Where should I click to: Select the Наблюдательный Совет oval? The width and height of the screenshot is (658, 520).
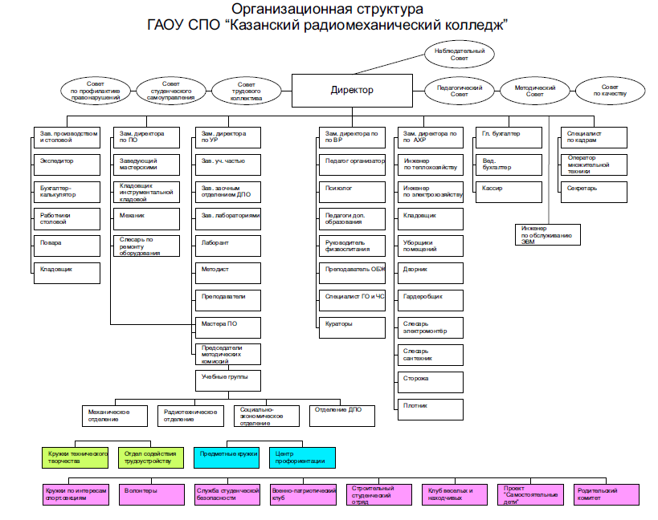(460, 55)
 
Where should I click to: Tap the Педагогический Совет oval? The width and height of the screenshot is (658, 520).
(459, 91)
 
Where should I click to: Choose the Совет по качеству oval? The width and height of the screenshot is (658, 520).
(610, 91)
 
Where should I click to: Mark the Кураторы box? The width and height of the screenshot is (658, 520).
(351, 327)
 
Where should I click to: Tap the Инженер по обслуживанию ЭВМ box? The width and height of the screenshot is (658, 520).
(546, 234)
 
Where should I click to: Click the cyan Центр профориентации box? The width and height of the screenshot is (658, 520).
(300, 457)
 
